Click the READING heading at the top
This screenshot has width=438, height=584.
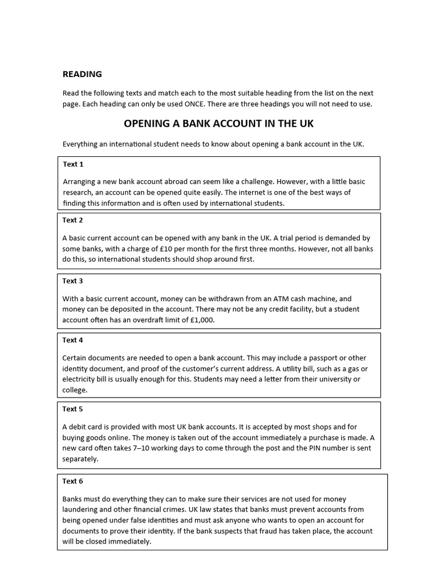tap(82, 74)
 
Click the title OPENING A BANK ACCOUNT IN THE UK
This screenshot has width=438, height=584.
tap(218, 124)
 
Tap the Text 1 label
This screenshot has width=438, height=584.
tap(73, 164)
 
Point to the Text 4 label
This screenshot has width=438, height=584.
tap(73, 340)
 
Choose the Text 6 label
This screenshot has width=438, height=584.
tap(73, 481)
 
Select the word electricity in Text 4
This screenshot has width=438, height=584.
tap(80, 379)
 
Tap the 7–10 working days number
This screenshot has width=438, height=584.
tap(134, 448)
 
